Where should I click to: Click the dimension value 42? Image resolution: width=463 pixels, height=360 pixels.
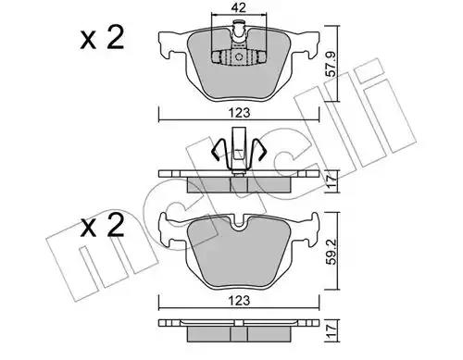(x=239, y=7)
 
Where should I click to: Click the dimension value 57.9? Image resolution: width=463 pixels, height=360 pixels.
(x=332, y=64)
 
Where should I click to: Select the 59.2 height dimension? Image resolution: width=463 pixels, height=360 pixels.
(x=332, y=251)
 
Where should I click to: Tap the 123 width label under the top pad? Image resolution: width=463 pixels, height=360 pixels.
(x=240, y=113)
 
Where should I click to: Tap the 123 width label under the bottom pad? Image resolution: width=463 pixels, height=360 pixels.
(x=240, y=300)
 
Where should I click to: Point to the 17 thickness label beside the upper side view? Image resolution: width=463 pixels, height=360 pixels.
(x=332, y=181)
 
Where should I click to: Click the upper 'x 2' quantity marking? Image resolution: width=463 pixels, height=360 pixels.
(x=102, y=38)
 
